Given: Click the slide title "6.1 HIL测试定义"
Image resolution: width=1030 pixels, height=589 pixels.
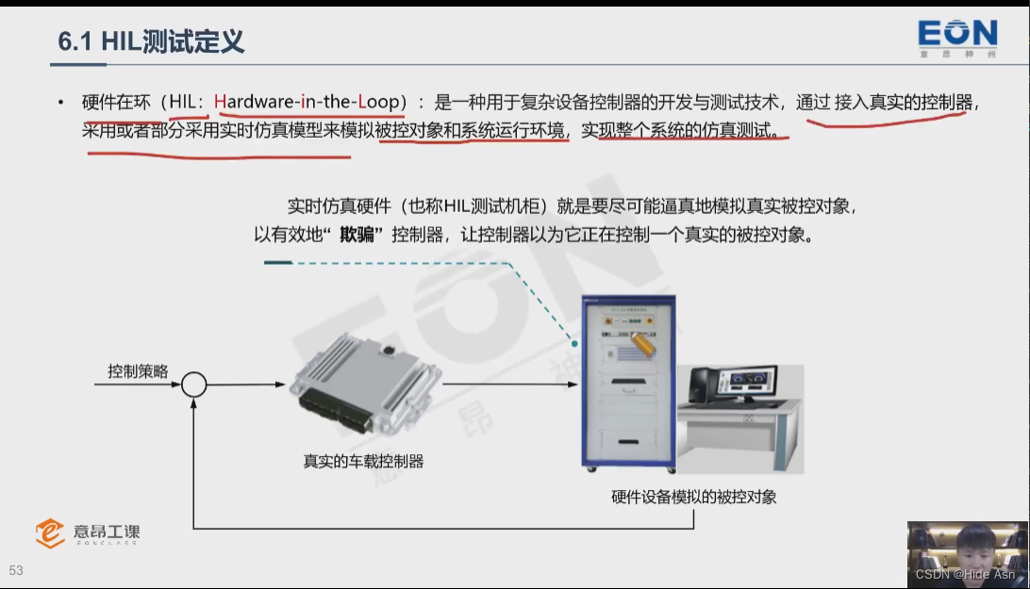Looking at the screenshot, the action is click(151, 41).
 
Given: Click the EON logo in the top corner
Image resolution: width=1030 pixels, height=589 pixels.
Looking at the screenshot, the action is click(957, 39).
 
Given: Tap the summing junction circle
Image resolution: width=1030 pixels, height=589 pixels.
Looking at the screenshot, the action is click(193, 384).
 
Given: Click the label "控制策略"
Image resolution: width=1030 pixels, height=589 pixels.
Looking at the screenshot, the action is click(138, 371).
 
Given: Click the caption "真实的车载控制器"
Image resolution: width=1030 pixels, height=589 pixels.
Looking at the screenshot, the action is click(363, 461).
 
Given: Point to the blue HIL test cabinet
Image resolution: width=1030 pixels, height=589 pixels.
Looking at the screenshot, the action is click(628, 384).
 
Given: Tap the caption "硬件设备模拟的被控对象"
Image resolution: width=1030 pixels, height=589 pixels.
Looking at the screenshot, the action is click(693, 497).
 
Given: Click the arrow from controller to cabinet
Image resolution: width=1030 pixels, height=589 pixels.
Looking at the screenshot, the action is click(510, 384).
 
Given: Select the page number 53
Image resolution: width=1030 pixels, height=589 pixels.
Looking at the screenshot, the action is click(16, 570).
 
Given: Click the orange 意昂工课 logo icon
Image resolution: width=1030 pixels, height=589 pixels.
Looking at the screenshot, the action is click(50, 532).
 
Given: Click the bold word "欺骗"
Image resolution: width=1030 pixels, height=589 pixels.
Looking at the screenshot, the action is click(357, 235).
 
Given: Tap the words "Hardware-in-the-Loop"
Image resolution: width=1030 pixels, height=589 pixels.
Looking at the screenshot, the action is click(307, 102).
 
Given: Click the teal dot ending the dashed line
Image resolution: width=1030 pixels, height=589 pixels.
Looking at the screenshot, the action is click(574, 343).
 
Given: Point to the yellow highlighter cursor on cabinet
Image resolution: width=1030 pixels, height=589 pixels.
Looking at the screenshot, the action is click(643, 344).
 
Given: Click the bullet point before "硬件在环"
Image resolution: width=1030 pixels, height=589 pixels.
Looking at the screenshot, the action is click(61, 103).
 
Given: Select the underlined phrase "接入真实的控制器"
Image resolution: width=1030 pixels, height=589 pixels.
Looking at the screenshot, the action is click(904, 102).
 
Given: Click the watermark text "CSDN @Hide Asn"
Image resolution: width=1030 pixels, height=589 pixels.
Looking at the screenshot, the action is click(965, 574).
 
